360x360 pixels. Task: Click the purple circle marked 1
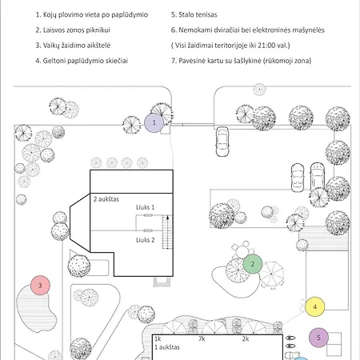coord(154,122)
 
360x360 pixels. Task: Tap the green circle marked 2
coord(253,264)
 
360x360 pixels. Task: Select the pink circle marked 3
coord(40,286)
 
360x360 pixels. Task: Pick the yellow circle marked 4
coord(315,306)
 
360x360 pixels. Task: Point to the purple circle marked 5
coord(318,338)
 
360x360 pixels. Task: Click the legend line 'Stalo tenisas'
coord(194,14)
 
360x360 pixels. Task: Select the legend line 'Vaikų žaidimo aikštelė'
coord(73,46)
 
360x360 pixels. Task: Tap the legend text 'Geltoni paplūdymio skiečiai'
coord(82,61)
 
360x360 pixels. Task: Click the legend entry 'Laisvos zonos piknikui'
coord(73,30)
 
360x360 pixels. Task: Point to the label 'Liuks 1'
coord(145,207)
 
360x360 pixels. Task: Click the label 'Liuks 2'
coord(146,240)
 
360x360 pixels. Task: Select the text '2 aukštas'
coord(106,199)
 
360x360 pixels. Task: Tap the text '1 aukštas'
coord(167,347)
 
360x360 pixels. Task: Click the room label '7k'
coord(202,338)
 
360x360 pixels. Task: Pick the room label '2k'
coord(246,338)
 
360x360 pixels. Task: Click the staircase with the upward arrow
coord(167,232)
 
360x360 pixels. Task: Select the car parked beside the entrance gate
coord(222,142)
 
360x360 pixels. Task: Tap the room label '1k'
coord(158,338)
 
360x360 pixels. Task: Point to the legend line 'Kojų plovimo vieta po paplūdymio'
coord(92,14)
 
